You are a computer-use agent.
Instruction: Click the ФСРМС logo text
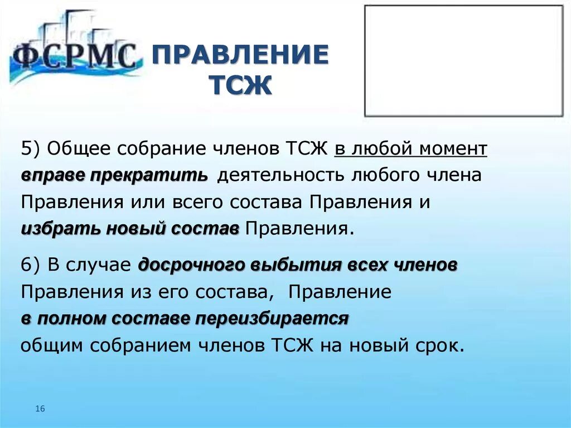[x=74, y=56]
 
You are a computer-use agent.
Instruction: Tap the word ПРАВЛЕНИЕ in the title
[x=240, y=56]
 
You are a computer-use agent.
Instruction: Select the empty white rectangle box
[x=463, y=60]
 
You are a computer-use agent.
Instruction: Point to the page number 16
[x=40, y=409]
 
